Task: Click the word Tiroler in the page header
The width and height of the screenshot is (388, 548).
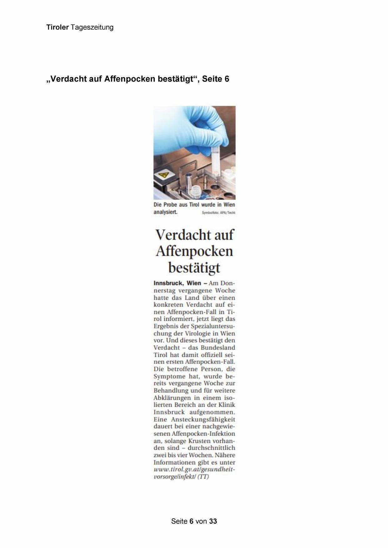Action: [x=57, y=27]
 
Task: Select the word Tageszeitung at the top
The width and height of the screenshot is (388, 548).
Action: [x=92, y=27]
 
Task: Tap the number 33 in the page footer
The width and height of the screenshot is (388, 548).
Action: [x=213, y=521]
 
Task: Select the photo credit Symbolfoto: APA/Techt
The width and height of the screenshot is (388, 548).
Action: [x=219, y=213]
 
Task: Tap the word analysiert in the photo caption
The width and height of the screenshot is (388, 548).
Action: [x=165, y=212]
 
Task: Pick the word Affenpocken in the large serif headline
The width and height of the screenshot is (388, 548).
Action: [x=194, y=251]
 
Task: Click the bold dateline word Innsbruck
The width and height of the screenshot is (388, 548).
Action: [x=168, y=283]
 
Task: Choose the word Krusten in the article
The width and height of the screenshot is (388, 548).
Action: [x=199, y=441]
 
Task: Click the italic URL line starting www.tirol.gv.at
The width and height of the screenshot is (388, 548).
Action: [x=194, y=470]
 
